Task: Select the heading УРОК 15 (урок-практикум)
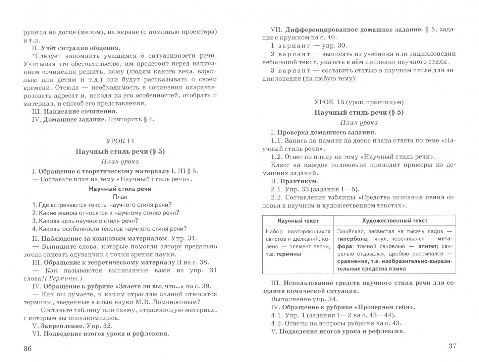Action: tap(359, 102)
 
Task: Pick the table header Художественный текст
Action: tap(395, 221)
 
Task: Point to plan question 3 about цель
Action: tap(85, 221)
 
